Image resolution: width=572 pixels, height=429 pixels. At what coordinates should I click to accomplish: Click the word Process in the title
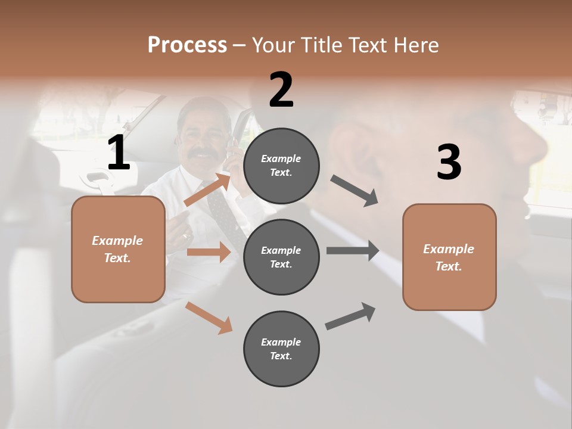[187, 45]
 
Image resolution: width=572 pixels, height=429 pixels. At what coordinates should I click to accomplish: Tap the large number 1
[119, 153]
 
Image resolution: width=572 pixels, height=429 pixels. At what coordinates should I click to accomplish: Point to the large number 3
[449, 162]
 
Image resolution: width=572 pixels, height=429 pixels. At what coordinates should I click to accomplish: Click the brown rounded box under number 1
[118, 249]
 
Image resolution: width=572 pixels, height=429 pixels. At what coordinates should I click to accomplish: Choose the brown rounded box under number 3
[449, 257]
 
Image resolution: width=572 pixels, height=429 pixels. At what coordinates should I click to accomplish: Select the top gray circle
[281, 165]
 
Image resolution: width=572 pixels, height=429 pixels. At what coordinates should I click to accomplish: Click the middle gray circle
[281, 257]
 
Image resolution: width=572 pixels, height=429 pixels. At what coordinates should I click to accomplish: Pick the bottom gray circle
[281, 349]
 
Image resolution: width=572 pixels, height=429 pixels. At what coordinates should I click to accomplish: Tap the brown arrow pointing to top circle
[207, 189]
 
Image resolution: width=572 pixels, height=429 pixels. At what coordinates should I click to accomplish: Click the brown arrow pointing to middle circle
[209, 252]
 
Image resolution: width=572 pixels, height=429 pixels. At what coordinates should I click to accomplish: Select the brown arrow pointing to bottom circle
[209, 318]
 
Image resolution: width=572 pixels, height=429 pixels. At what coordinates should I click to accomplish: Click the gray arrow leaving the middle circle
[353, 250]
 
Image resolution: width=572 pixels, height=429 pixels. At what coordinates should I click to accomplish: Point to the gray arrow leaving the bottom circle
[350, 316]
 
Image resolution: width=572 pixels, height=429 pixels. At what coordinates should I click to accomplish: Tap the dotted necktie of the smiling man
[223, 209]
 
